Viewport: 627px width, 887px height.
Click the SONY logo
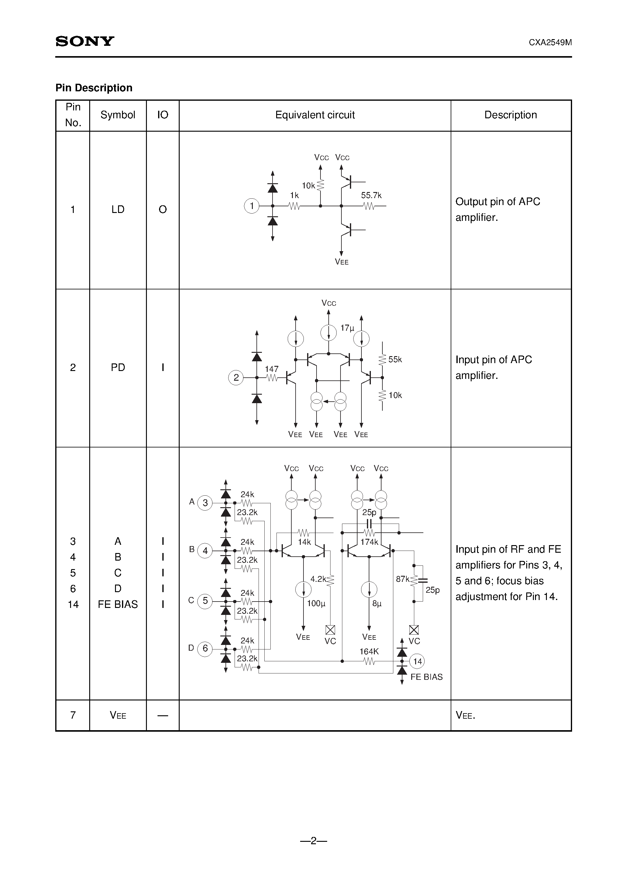[x=85, y=41]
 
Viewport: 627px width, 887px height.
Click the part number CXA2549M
[x=550, y=42]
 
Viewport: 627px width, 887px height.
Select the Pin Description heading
[x=94, y=88]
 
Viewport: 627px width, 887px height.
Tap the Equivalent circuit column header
[x=315, y=115]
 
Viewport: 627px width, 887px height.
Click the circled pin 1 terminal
[x=252, y=206]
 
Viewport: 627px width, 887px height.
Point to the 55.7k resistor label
[x=371, y=195]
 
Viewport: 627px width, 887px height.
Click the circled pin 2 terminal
[x=236, y=377]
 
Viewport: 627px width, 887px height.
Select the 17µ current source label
[x=347, y=328]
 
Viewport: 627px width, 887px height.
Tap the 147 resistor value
[x=271, y=369]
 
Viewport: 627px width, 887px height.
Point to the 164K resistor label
[x=369, y=651]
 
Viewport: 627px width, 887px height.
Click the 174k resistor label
[x=369, y=542]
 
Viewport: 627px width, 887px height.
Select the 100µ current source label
[x=316, y=603]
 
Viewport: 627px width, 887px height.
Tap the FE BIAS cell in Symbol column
[x=118, y=605]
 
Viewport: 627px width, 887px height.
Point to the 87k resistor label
[x=402, y=579]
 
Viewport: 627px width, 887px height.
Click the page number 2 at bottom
[x=313, y=841]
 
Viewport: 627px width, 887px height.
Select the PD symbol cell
[x=118, y=367]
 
